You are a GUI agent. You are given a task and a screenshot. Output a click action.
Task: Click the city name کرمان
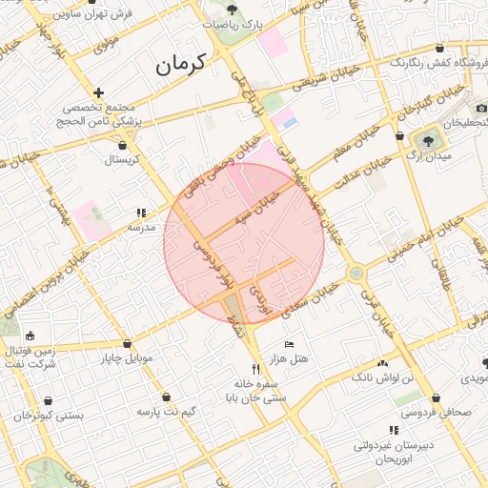pos(182,65)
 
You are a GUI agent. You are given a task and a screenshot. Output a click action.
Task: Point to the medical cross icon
pos(99,92)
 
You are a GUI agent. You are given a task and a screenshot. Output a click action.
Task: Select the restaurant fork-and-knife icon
pos(254,369)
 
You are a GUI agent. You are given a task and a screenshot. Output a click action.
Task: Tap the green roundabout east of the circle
pos(356,274)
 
